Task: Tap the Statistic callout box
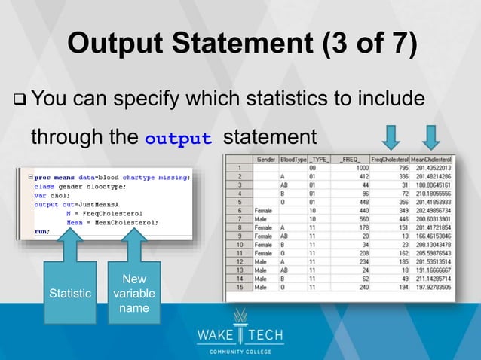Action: (69, 291)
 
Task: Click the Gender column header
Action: (265, 160)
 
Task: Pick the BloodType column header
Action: (294, 160)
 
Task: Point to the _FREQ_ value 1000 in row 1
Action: (357, 168)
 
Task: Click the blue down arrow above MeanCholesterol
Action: (431, 138)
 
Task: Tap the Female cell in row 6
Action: (266, 210)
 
